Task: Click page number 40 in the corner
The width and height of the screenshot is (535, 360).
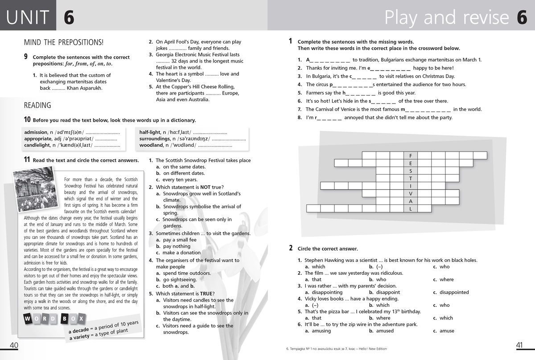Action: pos(13,345)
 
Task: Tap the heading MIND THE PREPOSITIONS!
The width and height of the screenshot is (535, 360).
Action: pos(63,42)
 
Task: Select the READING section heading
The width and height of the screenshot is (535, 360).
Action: pos(37,106)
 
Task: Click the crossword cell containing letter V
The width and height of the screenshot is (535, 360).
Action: pos(411,193)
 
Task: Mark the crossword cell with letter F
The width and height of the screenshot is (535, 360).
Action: pos(411,156)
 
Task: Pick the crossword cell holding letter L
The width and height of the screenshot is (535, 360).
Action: pos(411,208)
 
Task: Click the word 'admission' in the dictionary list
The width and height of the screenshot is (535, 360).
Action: pos(36,132)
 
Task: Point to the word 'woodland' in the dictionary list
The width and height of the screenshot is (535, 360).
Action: pos(151,145)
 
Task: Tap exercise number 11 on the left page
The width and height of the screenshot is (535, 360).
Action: pos(27,160)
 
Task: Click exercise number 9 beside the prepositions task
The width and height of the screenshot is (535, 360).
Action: pos(26,57)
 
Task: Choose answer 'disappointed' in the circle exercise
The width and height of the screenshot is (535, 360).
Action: pos(454,293)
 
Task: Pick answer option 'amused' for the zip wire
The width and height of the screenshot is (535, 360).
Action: pos(384,331)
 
